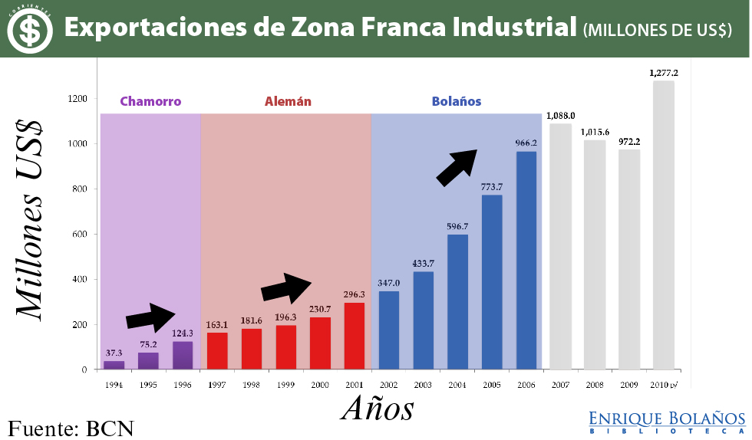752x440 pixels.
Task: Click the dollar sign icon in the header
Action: click(x=31, y=29)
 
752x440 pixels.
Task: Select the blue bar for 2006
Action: click(x=526, y=261)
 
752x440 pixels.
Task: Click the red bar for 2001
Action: click(x=355, y=336)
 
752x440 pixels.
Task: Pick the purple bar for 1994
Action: click(x=114, y=365)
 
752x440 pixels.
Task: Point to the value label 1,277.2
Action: click(x=664, y=73)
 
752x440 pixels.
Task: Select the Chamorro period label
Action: click(x=150, y=101)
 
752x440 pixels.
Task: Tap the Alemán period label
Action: click(x=288, y=101)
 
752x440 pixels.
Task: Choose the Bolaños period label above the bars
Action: click(x=457, y=101)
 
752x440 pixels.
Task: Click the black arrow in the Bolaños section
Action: click(x=457, y=166)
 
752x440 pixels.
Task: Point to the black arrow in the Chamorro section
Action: click(x=151, y=317)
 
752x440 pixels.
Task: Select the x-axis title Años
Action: click(x=377, y=408)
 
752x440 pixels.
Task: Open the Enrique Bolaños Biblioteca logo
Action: click(x=667, y=422)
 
